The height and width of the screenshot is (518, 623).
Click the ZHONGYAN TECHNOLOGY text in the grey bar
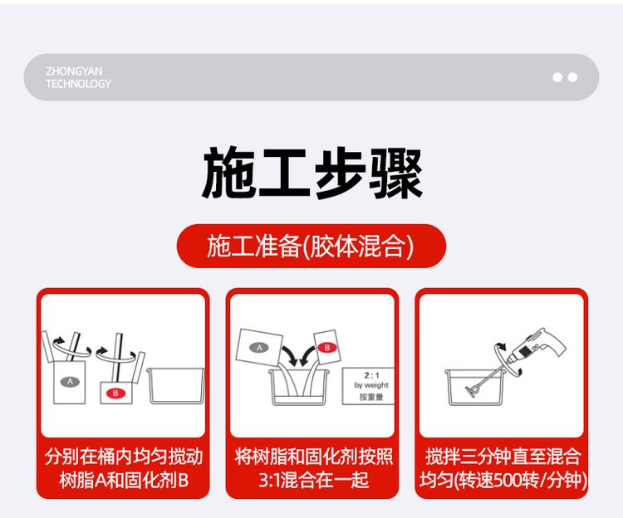pyautogui.click(x=78, y=77)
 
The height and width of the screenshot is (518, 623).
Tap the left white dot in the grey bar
pyautogui.click(x=557, y=77)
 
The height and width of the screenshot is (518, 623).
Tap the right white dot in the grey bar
pyautogui.click(x=572, y=77)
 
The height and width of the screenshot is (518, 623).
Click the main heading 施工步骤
pyautogui.click(x=311, y=173)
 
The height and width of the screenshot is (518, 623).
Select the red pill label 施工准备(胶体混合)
pyautogui.click(x=311, y=246)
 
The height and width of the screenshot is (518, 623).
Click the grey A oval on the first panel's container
pyautogui.click(x=70, y=382)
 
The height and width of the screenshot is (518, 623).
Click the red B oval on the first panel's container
pyautogui.click(x=115, y=393)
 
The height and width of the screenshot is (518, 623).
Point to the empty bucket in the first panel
pyautogui.click(x=176, y=386)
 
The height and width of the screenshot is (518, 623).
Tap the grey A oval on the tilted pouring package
pyautogui.click(x=259, y=348)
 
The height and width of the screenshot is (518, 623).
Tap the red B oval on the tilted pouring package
pyautogui.click(x=327, y=348)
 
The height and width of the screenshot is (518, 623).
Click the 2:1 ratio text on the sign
pyautogui.click(x=372, y=375)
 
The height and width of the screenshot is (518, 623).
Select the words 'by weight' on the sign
pyautogui.click(x=371, y=385)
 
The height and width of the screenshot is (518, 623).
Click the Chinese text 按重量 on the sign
pyautogui.click(x=371, y=397)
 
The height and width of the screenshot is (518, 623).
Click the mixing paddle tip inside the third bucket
pyautogui.click(x=472, y=392)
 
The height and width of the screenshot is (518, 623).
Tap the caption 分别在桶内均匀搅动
pyautogui.click(x=124, y=457)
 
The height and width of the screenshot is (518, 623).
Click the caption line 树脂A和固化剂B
pyautogui.click(x=124, y=481)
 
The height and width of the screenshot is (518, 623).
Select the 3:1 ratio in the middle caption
pyautogui.click(x=269, y=481)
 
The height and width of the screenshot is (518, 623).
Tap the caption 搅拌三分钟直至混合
pyautogui.click(x=503, y=457)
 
